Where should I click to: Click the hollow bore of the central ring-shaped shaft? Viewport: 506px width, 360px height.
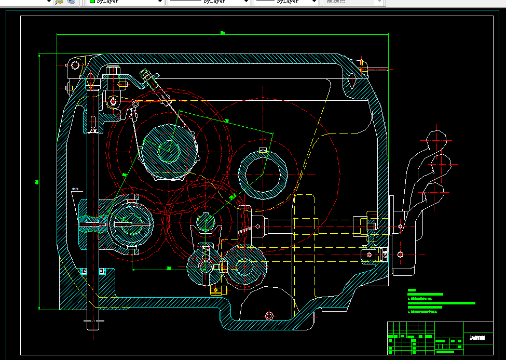[x=263, y=174]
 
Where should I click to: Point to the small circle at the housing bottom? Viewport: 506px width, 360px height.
[x=269, y=315]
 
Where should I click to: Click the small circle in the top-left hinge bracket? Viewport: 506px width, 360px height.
[x=75, y=65]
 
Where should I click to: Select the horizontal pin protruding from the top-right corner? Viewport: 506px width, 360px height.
[x=377, y=68]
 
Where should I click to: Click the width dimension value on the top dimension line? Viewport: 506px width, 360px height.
[x=223, y=33]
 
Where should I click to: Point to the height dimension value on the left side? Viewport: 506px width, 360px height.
[x=37, y=181]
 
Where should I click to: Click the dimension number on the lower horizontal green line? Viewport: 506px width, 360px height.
[x=169, y=268]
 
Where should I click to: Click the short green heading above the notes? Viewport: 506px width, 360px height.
[x=412, y=290]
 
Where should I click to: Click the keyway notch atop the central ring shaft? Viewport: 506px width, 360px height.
[x=263, y=151]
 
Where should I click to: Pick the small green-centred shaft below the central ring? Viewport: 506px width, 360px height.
[x=206, y=222]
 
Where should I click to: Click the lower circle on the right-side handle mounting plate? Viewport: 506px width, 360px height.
[x=400, y=254]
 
